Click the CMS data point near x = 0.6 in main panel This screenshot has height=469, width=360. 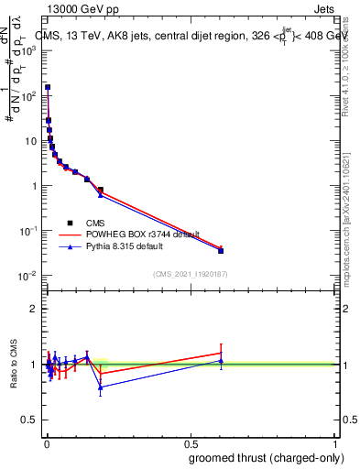[221, 250]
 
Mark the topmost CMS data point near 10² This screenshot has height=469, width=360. [48, 88]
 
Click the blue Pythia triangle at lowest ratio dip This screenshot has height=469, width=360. [100, 387]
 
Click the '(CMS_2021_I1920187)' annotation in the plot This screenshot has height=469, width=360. [190, 273]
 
